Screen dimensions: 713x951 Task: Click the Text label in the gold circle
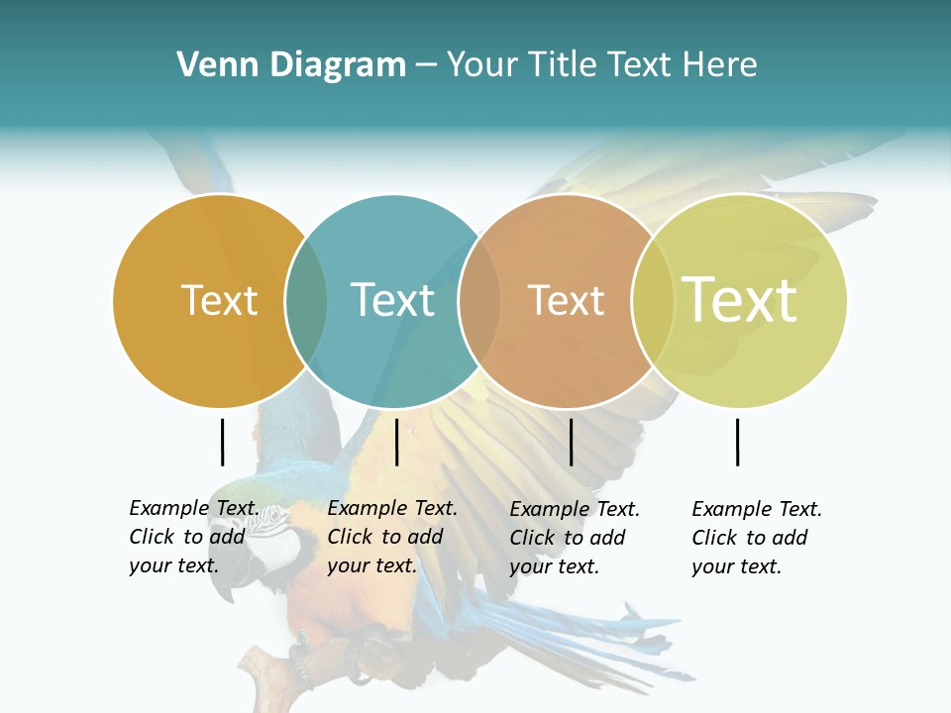coord(219,300)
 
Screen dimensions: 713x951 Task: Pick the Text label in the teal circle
coord(392,300)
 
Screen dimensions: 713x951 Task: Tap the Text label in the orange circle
coord(566,300)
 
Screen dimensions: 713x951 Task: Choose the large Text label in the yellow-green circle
coord(740,300)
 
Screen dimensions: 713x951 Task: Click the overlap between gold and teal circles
coord(306,300)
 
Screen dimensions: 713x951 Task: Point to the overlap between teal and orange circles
coord(479,300)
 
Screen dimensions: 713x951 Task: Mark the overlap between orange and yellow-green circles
coord(653,300)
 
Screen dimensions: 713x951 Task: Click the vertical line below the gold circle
coord(222,442)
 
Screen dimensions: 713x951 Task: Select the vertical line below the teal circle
coord(396,442)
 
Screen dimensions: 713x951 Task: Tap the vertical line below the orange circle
coord(571,442)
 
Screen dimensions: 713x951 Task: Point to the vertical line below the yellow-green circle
coord(738,442)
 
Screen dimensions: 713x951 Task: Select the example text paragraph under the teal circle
coord(392,537)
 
